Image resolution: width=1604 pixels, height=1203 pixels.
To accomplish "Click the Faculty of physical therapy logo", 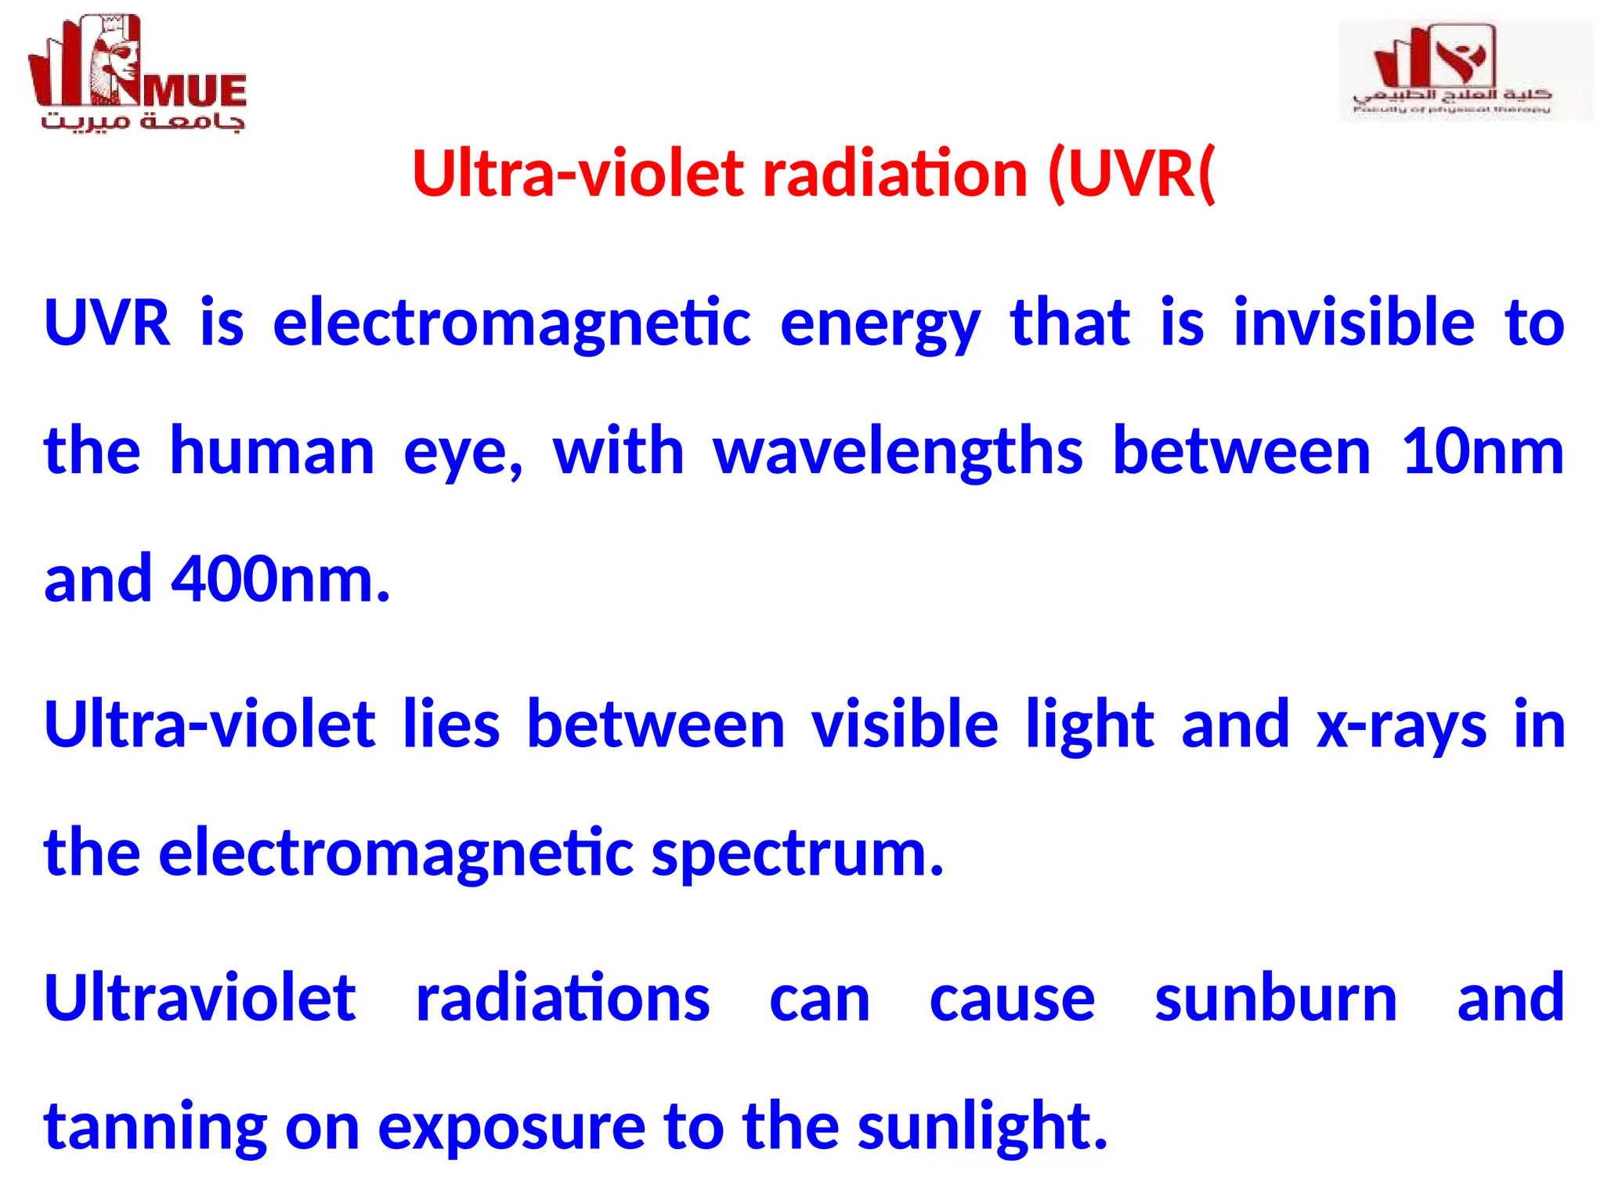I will coord(1465,70).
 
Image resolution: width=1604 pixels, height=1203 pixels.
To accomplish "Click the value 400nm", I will coord(280,580).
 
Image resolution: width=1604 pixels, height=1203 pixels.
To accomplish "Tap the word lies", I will coord(451,724).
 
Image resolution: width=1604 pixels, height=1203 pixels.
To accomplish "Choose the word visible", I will coord(905,724).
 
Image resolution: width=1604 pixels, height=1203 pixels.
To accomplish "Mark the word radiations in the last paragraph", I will coord(562,999).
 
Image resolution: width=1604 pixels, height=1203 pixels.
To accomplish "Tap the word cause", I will coord(1012,1000).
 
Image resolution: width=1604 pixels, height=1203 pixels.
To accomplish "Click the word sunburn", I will coord(1276,999).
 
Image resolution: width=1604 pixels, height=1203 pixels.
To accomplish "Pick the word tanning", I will coord(155,1129).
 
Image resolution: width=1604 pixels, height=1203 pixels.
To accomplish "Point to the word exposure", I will coord(511,1129).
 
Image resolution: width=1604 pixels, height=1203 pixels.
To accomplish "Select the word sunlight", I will coord(982,1127).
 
